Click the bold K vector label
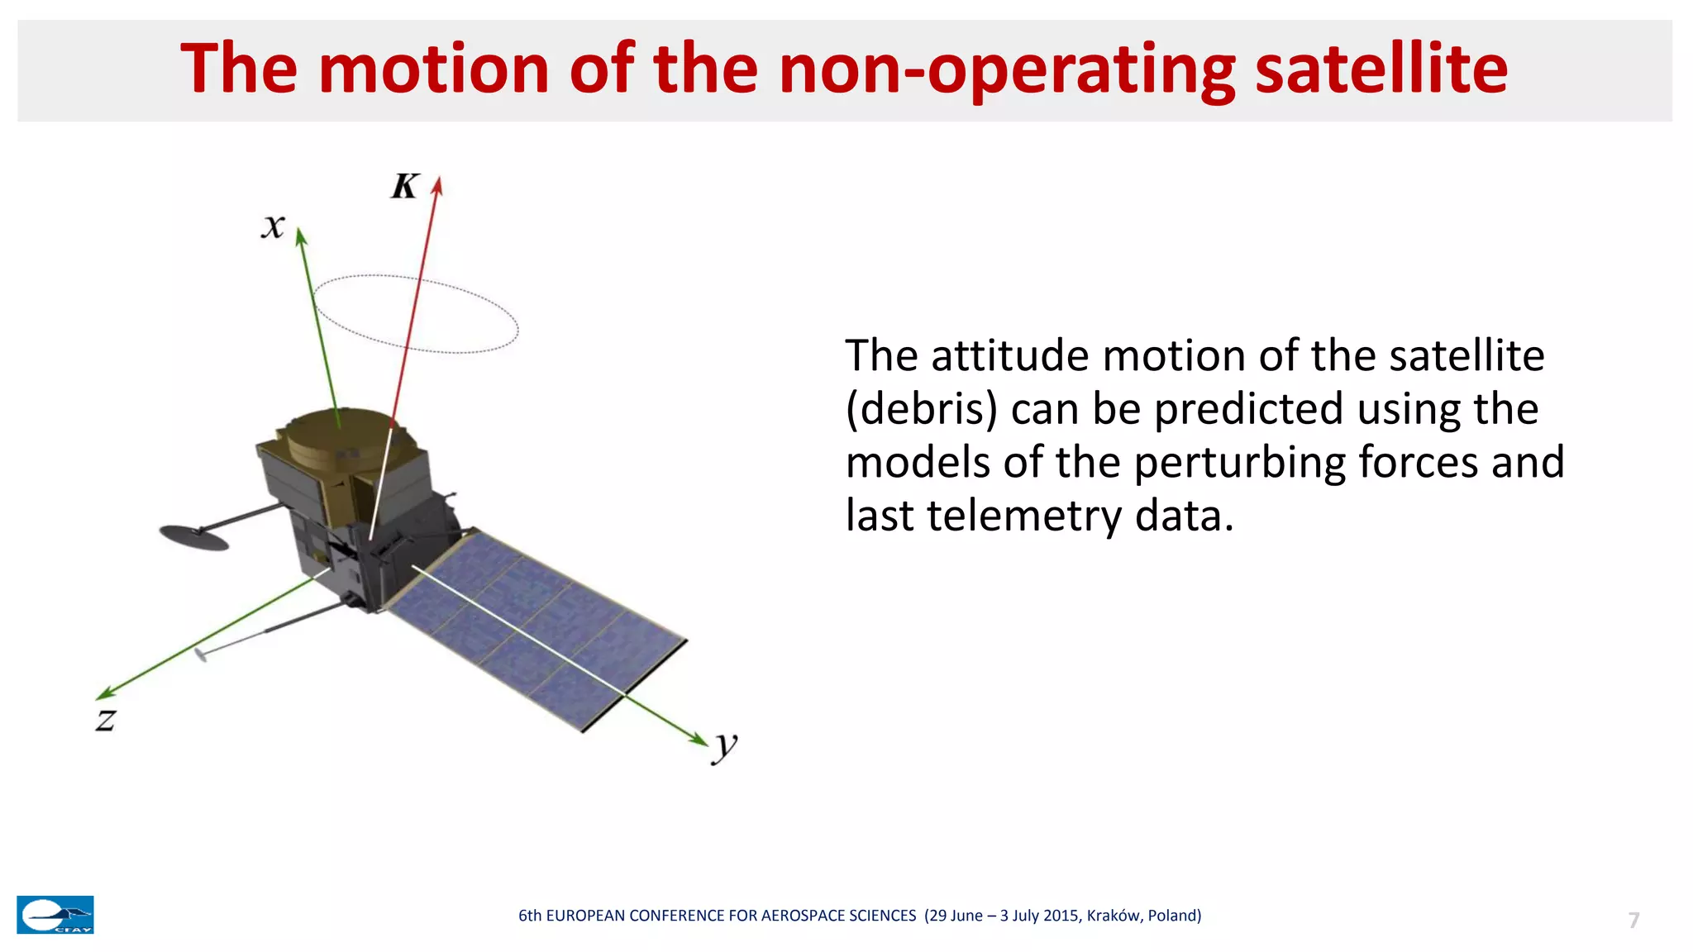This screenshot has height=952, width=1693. click(405, 186)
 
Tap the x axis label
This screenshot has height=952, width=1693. click(274, 226)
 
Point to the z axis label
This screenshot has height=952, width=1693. click(106, 720)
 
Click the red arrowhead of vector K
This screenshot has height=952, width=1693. click(438, 186)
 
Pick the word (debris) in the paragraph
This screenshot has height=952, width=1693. click(921, 409)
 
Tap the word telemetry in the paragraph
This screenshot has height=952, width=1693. click(1023, 516)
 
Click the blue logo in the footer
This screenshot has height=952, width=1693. click(55, 915)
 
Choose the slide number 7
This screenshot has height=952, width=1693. click(1633, 920)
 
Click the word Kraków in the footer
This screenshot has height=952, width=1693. click(1114, 915)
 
